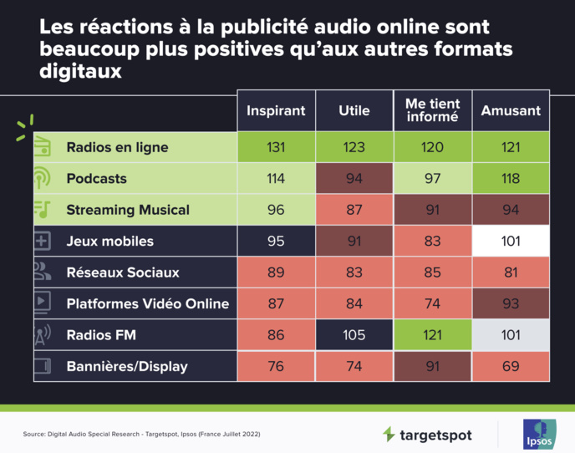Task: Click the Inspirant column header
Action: (277, 110)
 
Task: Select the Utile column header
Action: (354, 110)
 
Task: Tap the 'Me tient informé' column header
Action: (432, 110)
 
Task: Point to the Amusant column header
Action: (511, 110)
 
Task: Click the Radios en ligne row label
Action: (117, 148)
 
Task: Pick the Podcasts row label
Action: (96, 179)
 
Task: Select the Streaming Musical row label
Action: (128, 210)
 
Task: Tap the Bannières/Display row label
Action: (127, 366)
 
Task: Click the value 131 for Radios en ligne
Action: (277, 148)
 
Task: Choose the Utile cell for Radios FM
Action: (354, 335)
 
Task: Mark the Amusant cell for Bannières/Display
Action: (511, 366)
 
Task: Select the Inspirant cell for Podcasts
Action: (277, 179)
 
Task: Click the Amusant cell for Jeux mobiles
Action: (511, 242)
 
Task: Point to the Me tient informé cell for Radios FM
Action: (432, 335)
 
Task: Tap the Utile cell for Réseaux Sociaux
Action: (354, 272)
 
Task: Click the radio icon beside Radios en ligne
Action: (43, 148)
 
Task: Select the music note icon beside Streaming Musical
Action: (43, 210)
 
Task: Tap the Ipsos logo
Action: (536, 434)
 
